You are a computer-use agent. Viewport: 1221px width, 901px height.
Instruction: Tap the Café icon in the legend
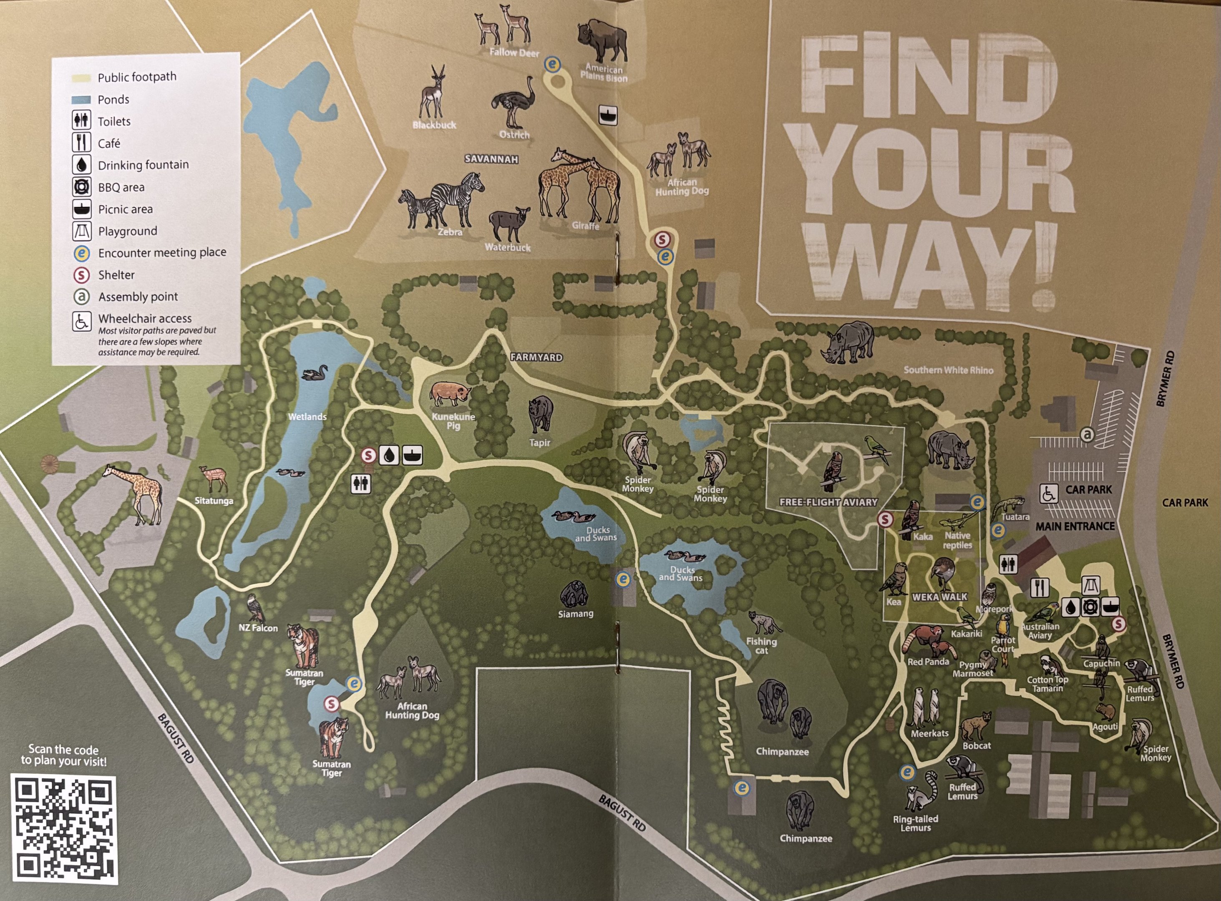81,143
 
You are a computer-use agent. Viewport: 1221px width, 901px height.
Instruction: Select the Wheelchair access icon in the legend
81,321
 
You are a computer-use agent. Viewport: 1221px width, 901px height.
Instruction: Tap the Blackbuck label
434,125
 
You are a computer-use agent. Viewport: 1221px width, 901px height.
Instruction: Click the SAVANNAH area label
491,159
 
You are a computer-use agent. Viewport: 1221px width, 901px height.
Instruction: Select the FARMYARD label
536,357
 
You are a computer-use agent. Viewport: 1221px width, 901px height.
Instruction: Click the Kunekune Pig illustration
451,393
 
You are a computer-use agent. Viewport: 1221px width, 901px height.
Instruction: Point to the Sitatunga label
214,501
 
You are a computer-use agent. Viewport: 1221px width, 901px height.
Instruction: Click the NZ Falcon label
258,628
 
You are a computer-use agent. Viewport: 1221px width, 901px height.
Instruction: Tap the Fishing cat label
761,646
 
